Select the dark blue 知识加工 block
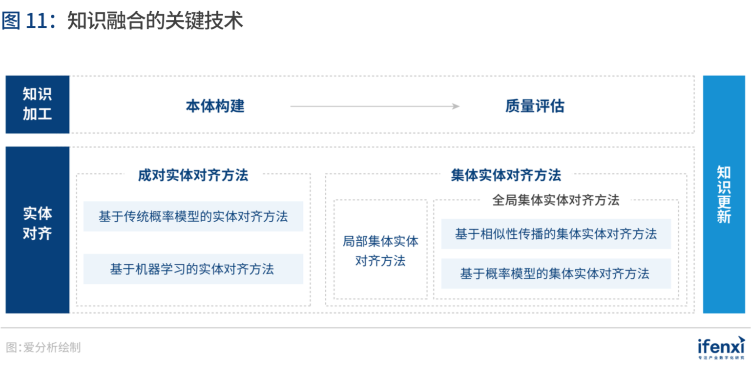[x=38, y=105]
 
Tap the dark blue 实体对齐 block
[x=38, y=230]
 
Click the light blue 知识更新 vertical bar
[x=724, y=194]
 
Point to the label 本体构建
[x=215, y=106]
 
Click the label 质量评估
[x=535, y=106]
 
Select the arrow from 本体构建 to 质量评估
[x=375, y=106]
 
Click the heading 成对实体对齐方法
[x=193, y=175]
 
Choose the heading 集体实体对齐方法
[x=506, y=175]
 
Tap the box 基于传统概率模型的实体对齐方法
[x=193, y=216]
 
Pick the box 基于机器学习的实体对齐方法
[x=193, y=269]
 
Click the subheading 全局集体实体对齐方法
[x=556, y=200]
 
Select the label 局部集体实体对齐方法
[x=380, y=251]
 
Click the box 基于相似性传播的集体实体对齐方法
[x=556, y=234]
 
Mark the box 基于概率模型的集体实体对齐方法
[x=556, y=273]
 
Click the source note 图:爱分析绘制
[x=43, y=348]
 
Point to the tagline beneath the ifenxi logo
[x=721, y=358]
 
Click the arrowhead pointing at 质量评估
[x=456, y=106]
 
